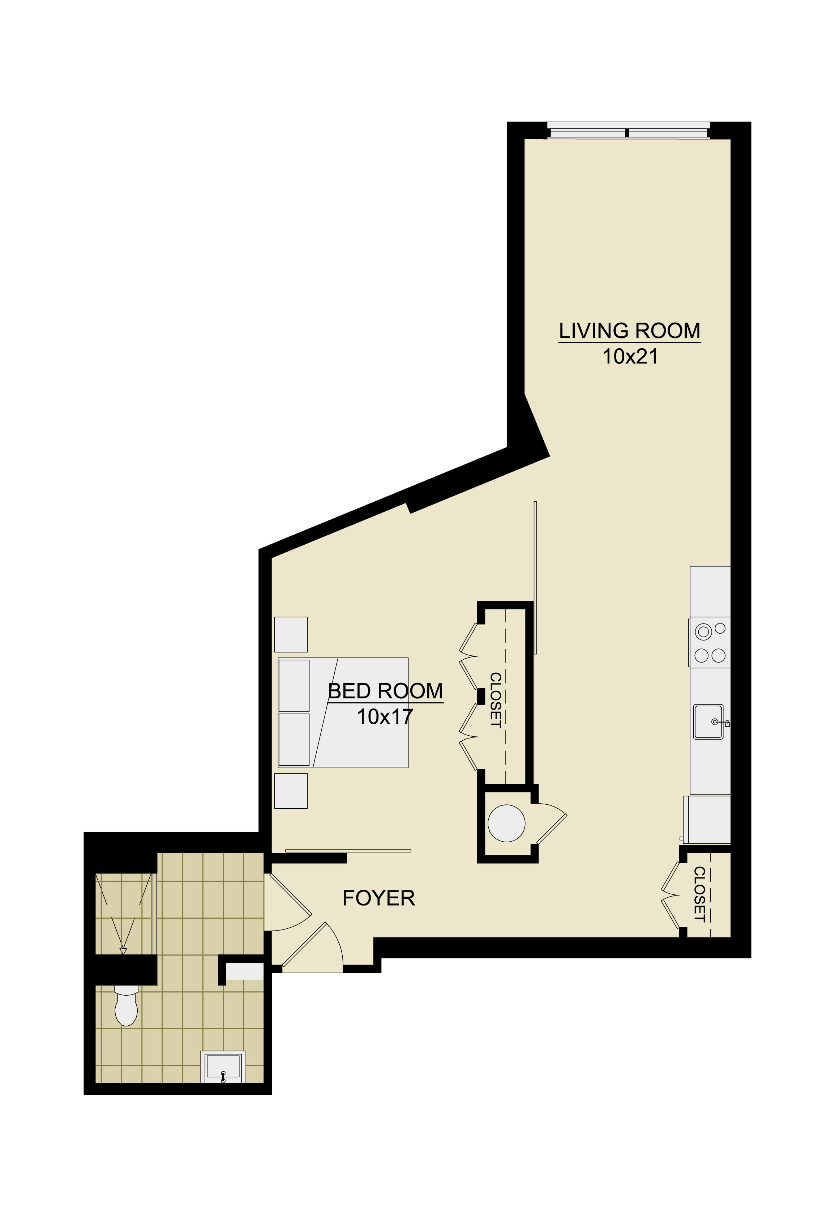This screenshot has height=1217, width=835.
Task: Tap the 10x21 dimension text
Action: [630, 357]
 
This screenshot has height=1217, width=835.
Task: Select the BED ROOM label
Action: [385, 691]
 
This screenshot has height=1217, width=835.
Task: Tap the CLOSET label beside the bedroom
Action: [495, 700]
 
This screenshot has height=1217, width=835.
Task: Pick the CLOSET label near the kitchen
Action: [699, 894]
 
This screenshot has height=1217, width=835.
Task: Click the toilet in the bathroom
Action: [126, 1004]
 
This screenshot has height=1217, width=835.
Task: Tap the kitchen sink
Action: [709, 722]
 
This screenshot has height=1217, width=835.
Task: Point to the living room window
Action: [628, 131]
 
